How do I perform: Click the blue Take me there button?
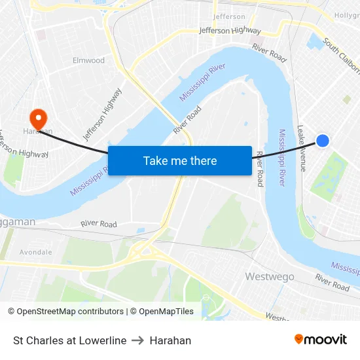(180, 160)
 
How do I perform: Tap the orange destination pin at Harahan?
(39, 118)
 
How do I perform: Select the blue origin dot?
(323, 140)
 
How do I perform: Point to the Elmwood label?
(88, 60)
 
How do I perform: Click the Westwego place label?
(270, 277)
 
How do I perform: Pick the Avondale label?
(35, 251)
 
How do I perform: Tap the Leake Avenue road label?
(301, 148)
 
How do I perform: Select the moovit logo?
(321, 340)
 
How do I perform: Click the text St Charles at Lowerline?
(69, 340)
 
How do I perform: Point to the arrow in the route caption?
(138, 340)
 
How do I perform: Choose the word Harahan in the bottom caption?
(170, 340)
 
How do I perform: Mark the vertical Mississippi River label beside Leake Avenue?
(283, 157)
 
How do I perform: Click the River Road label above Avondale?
(99, 224)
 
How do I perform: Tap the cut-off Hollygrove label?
(347, 14)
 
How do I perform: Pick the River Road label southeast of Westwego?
(332, 282)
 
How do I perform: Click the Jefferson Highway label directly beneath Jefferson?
(230, 30)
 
